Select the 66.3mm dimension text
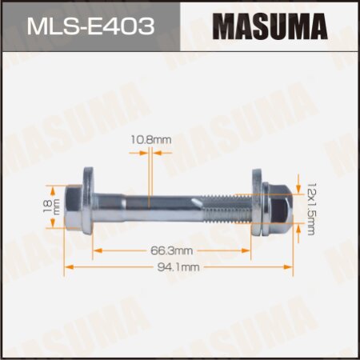tap(170, 250)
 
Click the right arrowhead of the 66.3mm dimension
tap(249, 250)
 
